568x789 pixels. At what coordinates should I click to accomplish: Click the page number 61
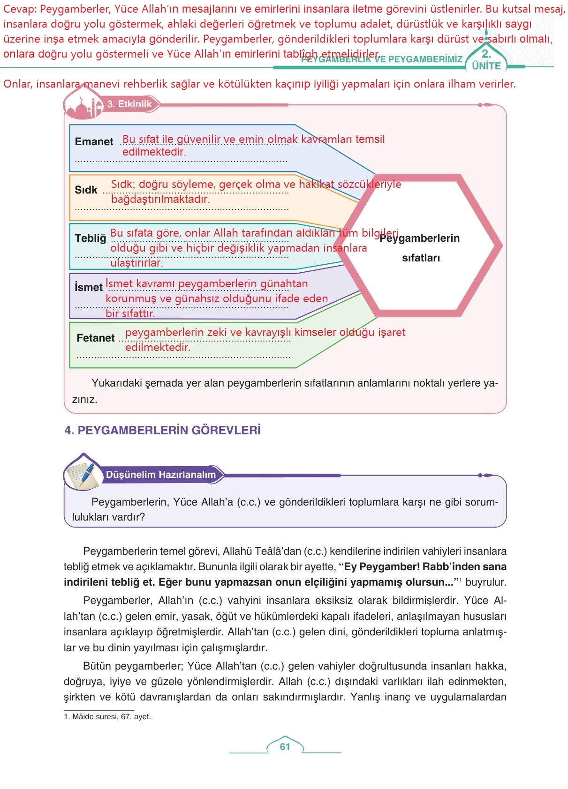click(285, 747)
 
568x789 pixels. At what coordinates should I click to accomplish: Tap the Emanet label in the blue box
click(94, 141)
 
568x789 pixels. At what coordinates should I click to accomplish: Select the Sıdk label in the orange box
click(86, 190)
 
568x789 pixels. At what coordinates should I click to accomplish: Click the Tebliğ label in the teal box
click(91, 238)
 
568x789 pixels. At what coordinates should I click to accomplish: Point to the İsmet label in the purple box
click(88, 287)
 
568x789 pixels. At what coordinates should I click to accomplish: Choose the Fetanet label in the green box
click(96, 338)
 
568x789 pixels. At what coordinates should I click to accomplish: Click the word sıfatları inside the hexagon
click(421, 258)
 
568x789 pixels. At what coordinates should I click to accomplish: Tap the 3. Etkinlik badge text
click(129, 104)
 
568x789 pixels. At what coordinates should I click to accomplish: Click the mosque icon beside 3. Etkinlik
click(83, 106)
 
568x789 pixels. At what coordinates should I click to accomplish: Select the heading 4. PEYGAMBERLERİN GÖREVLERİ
click(162, 431)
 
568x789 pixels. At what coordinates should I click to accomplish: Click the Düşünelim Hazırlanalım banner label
click(161, 475)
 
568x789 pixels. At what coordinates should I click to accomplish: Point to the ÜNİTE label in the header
click(486, 66)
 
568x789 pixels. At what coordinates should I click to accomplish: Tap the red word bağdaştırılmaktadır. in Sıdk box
click(160, 199)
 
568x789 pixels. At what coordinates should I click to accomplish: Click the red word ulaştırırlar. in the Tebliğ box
click(136, 263)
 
